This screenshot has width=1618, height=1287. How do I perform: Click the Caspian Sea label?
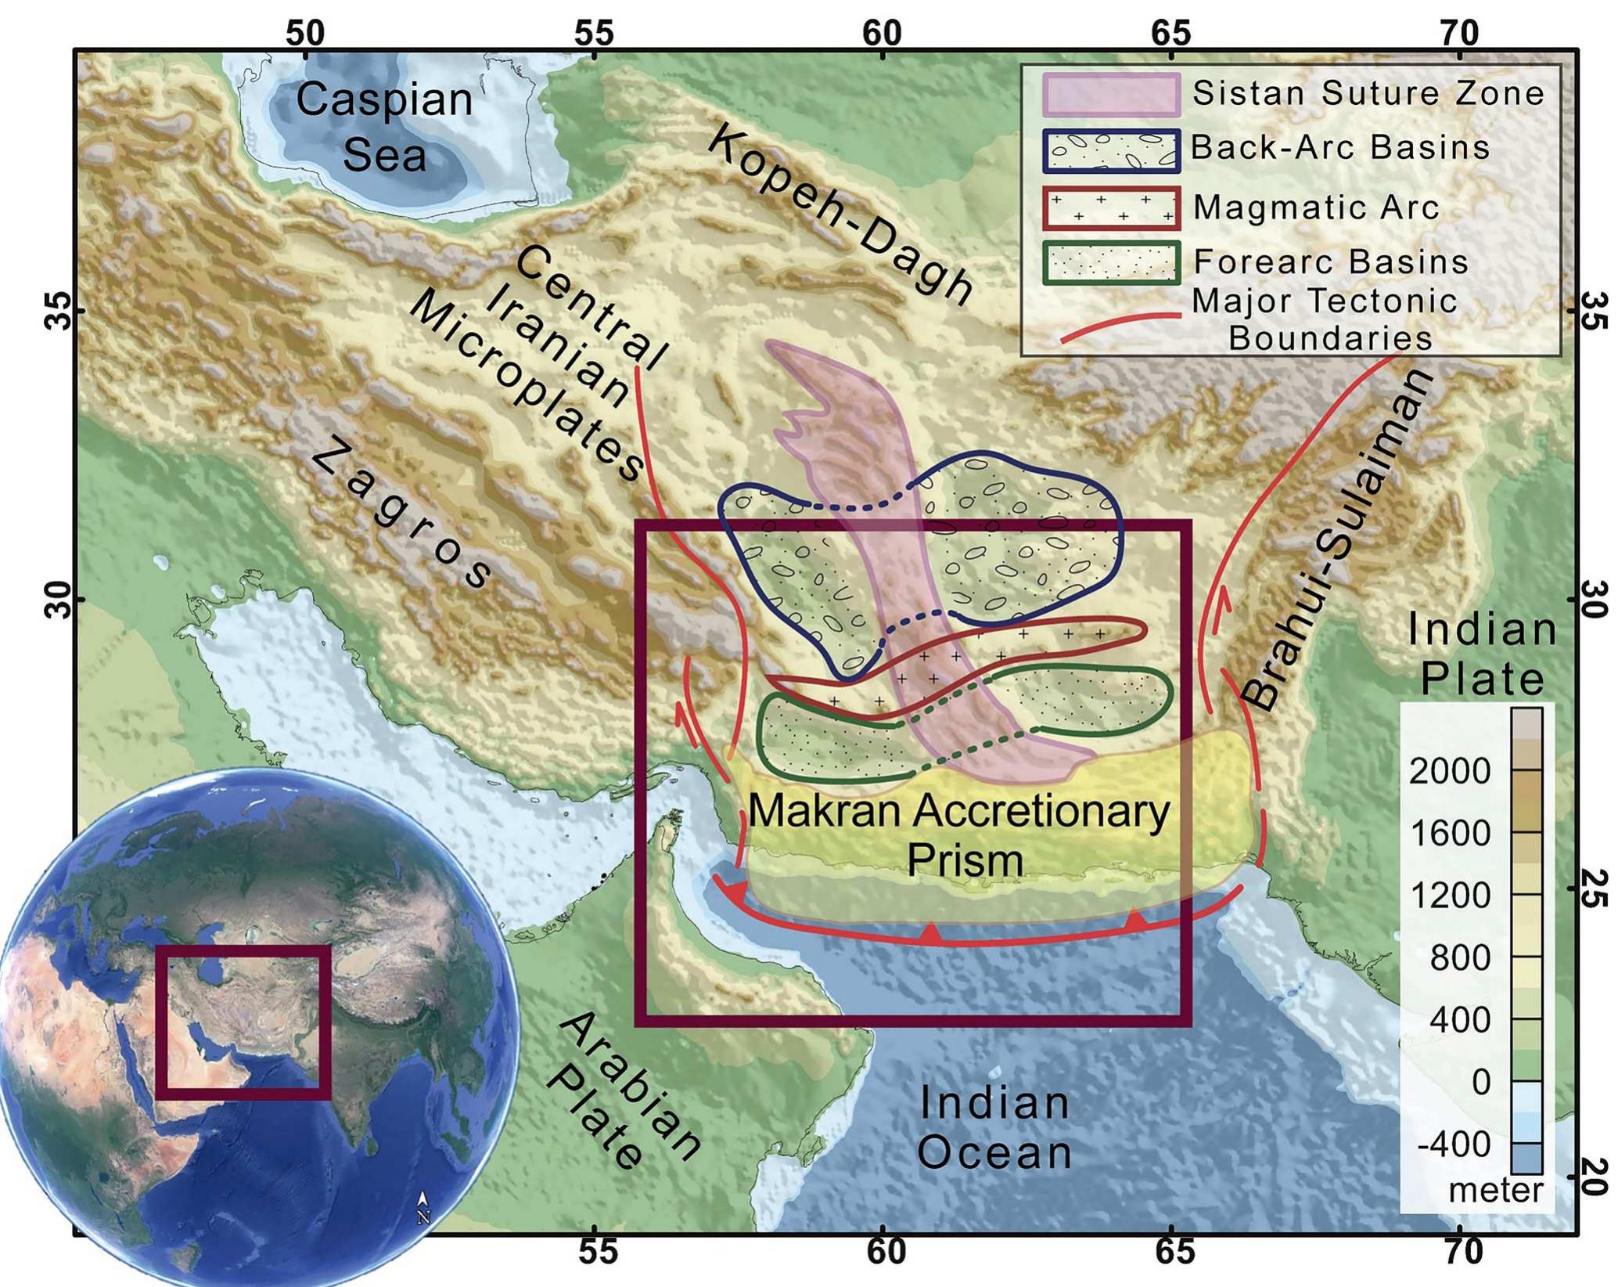tap(384, 127)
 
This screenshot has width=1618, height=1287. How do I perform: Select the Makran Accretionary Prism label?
tap(958, 835)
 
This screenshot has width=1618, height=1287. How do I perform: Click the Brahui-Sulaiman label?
tap(1337, 539)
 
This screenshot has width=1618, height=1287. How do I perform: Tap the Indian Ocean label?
tap(994, 1127)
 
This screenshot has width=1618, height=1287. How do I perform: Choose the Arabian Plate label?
tap(622, 1090)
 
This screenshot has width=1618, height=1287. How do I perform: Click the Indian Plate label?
tap(1481, 654)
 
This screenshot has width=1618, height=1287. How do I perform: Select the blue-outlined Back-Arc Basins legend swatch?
tap(1110, 150)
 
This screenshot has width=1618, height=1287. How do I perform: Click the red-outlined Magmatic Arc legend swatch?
tap(1110, 207)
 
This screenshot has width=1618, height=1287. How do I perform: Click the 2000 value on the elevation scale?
tap(1450, 771)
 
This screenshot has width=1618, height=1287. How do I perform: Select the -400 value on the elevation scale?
tap(1454, 1145)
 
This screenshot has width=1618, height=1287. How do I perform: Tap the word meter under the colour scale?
tap(1495, 1191)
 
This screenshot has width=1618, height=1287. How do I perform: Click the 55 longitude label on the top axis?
tap(594, 33)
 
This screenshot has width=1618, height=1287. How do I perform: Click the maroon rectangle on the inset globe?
tap(243, 1022)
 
